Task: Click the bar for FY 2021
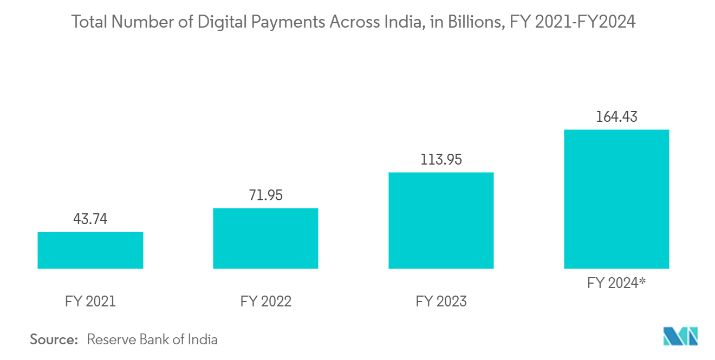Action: coord(90,250)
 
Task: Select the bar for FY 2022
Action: coord(265,238)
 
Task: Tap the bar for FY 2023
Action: coord(441,220)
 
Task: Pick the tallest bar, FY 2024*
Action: coord(616,199)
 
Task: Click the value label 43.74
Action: coord(90,219)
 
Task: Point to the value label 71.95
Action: coord(265,195)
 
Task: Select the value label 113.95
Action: coord(441,160)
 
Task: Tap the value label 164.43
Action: coord(616,117)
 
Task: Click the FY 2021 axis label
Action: coord(90,301)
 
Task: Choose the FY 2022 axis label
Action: coord(265,301)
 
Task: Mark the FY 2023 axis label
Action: coord(441,301)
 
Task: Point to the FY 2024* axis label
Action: coord(616,283)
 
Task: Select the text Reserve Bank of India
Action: coord(152,340)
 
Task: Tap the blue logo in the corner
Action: coord(681,336)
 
